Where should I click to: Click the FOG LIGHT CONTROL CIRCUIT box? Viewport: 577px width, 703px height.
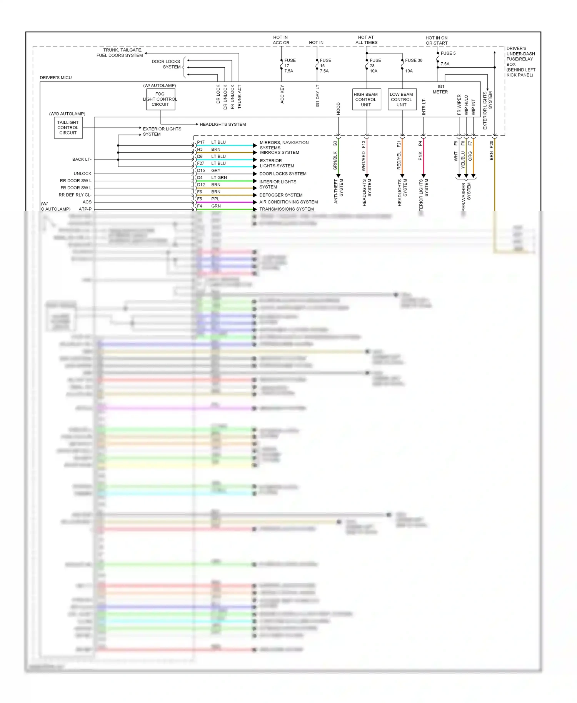160,99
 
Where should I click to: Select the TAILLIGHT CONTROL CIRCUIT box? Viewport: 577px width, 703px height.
68,128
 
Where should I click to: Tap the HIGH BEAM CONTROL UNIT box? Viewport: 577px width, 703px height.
366,100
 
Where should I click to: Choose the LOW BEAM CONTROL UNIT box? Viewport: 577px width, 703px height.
402,100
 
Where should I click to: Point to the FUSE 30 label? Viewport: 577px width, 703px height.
414,60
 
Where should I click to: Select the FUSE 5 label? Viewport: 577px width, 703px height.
448,53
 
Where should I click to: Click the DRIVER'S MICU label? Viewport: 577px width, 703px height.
56,78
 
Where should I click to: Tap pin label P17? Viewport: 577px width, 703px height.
201,142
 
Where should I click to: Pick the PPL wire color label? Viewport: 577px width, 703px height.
215,199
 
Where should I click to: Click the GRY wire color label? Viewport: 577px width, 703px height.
216,170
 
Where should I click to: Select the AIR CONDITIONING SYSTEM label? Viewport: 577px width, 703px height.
288,202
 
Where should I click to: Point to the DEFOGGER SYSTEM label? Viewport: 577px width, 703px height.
281,195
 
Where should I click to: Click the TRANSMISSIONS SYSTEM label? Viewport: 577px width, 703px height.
287,209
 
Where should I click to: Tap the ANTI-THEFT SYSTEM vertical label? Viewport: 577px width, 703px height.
339,191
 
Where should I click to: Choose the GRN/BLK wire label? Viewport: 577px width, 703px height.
335,161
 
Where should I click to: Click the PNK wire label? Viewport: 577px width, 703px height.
420,156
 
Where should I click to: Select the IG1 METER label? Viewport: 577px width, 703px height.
440,89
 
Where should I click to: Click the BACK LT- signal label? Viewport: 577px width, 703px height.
82,159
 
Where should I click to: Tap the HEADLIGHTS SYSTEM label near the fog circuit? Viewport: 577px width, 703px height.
223,124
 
